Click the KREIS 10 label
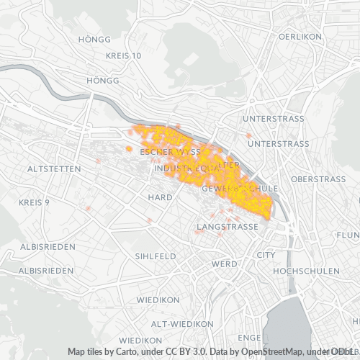click(124, 56)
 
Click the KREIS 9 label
click(35, 202)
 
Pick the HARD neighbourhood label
click(160, 197)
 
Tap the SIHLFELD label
click(156, 256)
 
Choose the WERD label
click(225, 264)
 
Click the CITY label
click(266, 255)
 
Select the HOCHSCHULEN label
click(306, 271)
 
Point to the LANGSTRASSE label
click(227, 227)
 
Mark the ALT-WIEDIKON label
click(175, 322)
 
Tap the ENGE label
click(249, 337)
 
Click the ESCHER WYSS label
click(170, 153)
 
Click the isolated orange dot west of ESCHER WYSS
click(129, 149)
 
